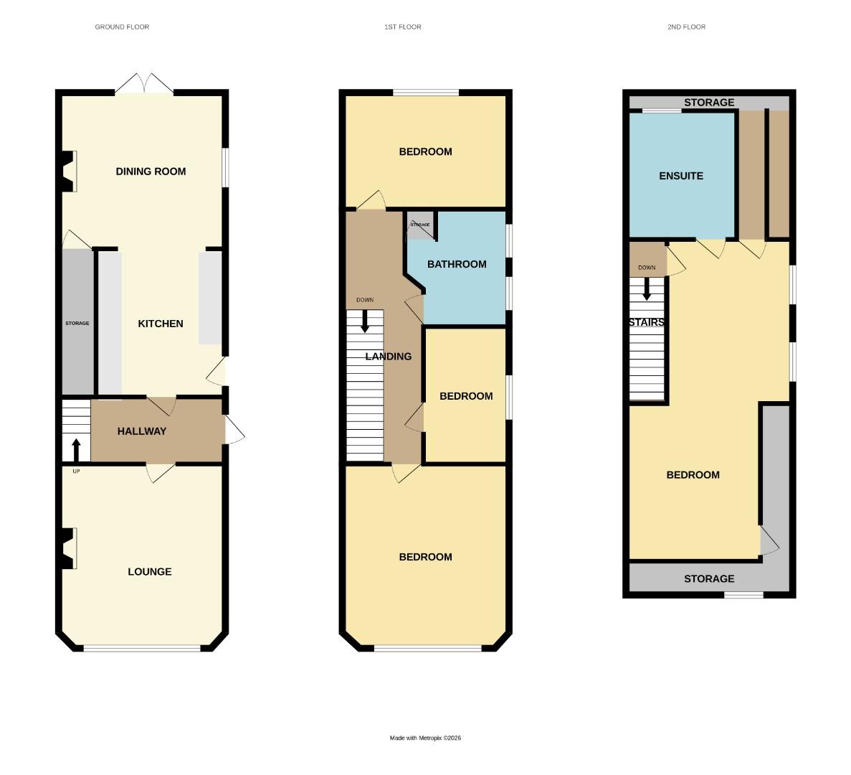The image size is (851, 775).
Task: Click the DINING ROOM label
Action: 151,172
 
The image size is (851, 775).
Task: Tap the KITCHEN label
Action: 161,324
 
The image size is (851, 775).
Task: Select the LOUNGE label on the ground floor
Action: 150,572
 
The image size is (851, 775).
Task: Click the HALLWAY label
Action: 142,431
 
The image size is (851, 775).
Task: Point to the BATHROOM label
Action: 457,264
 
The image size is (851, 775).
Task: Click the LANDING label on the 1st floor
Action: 389,357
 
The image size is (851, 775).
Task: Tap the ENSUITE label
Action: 681,176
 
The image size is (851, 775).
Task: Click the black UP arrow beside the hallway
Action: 76,449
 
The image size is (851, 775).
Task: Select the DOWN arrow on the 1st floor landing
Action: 365,320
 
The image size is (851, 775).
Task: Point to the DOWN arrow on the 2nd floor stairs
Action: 647,288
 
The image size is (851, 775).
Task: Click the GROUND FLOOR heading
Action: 122,27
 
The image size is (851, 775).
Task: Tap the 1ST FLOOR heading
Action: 402,27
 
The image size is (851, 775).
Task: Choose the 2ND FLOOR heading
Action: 686,27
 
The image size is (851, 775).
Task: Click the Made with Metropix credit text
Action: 425,738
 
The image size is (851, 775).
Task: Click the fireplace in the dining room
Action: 68,172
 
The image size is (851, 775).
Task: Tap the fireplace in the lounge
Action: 68,549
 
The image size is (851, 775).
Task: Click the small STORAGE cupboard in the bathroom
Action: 420,225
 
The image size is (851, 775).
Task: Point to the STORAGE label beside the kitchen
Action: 77,324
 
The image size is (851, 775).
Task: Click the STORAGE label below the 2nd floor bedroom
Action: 709,579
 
